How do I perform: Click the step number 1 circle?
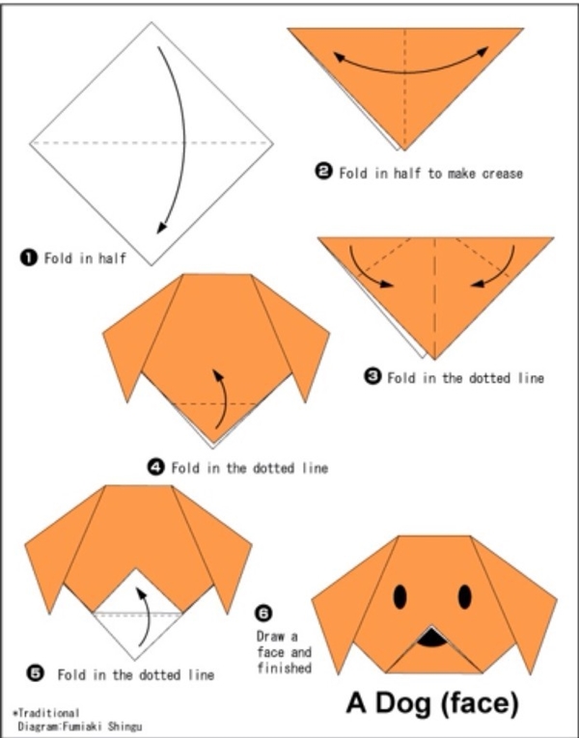click(x=29, y=258)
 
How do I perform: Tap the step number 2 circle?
click(x=323, y=172)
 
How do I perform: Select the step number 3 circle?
click(x=372, y=376)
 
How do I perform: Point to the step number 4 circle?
click(x=156, y=467)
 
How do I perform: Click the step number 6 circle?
click(x=263, y=614)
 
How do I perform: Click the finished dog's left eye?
click(x=400, y=597)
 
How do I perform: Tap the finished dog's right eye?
click(x=465, y=597)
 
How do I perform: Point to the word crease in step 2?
click(x=502, y=174)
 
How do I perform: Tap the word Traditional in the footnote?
click(x=48, y=713)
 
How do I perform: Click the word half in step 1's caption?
click(x=112, y=258)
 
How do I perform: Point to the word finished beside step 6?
click(x=285, y=668)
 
